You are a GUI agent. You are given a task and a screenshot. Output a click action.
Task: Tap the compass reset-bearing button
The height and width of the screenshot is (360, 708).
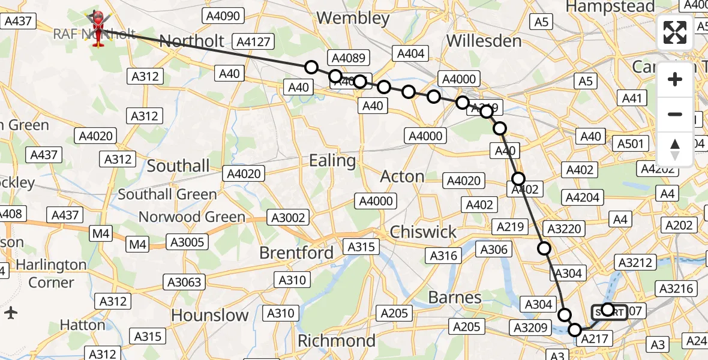tap(675, 149)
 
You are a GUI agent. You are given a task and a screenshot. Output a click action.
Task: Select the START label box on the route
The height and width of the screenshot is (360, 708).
tap(610, 312)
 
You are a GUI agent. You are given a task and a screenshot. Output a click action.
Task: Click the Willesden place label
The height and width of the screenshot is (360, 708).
tap(484, 41)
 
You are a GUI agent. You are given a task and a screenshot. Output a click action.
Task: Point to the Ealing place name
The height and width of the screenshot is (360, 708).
tap(332, 161)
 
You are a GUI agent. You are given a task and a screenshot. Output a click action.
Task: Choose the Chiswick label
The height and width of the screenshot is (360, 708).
tap(423, 232)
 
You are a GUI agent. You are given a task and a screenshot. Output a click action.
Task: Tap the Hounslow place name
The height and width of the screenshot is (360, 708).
tap(209, 315)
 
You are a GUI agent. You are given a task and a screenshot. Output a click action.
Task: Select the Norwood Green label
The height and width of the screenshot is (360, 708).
tap(192, 217)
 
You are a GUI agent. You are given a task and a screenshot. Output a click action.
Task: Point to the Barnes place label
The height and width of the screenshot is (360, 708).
tap(455, 297)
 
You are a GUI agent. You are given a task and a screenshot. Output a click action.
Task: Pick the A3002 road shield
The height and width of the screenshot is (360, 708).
tap(289, 218)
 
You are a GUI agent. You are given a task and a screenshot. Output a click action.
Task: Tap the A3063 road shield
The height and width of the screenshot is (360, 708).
tap(185, 282)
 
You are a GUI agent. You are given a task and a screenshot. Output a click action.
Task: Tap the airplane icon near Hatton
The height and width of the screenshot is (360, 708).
tap(11, 313)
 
